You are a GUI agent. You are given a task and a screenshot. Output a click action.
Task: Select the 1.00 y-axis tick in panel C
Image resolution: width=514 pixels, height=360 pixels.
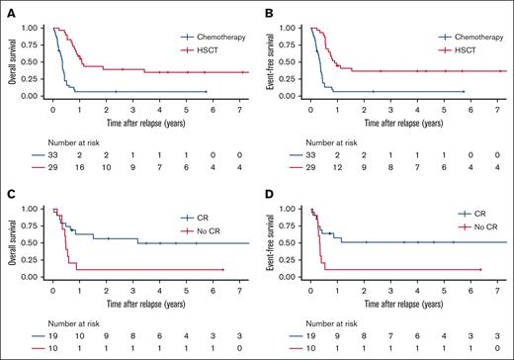[33, 209]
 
